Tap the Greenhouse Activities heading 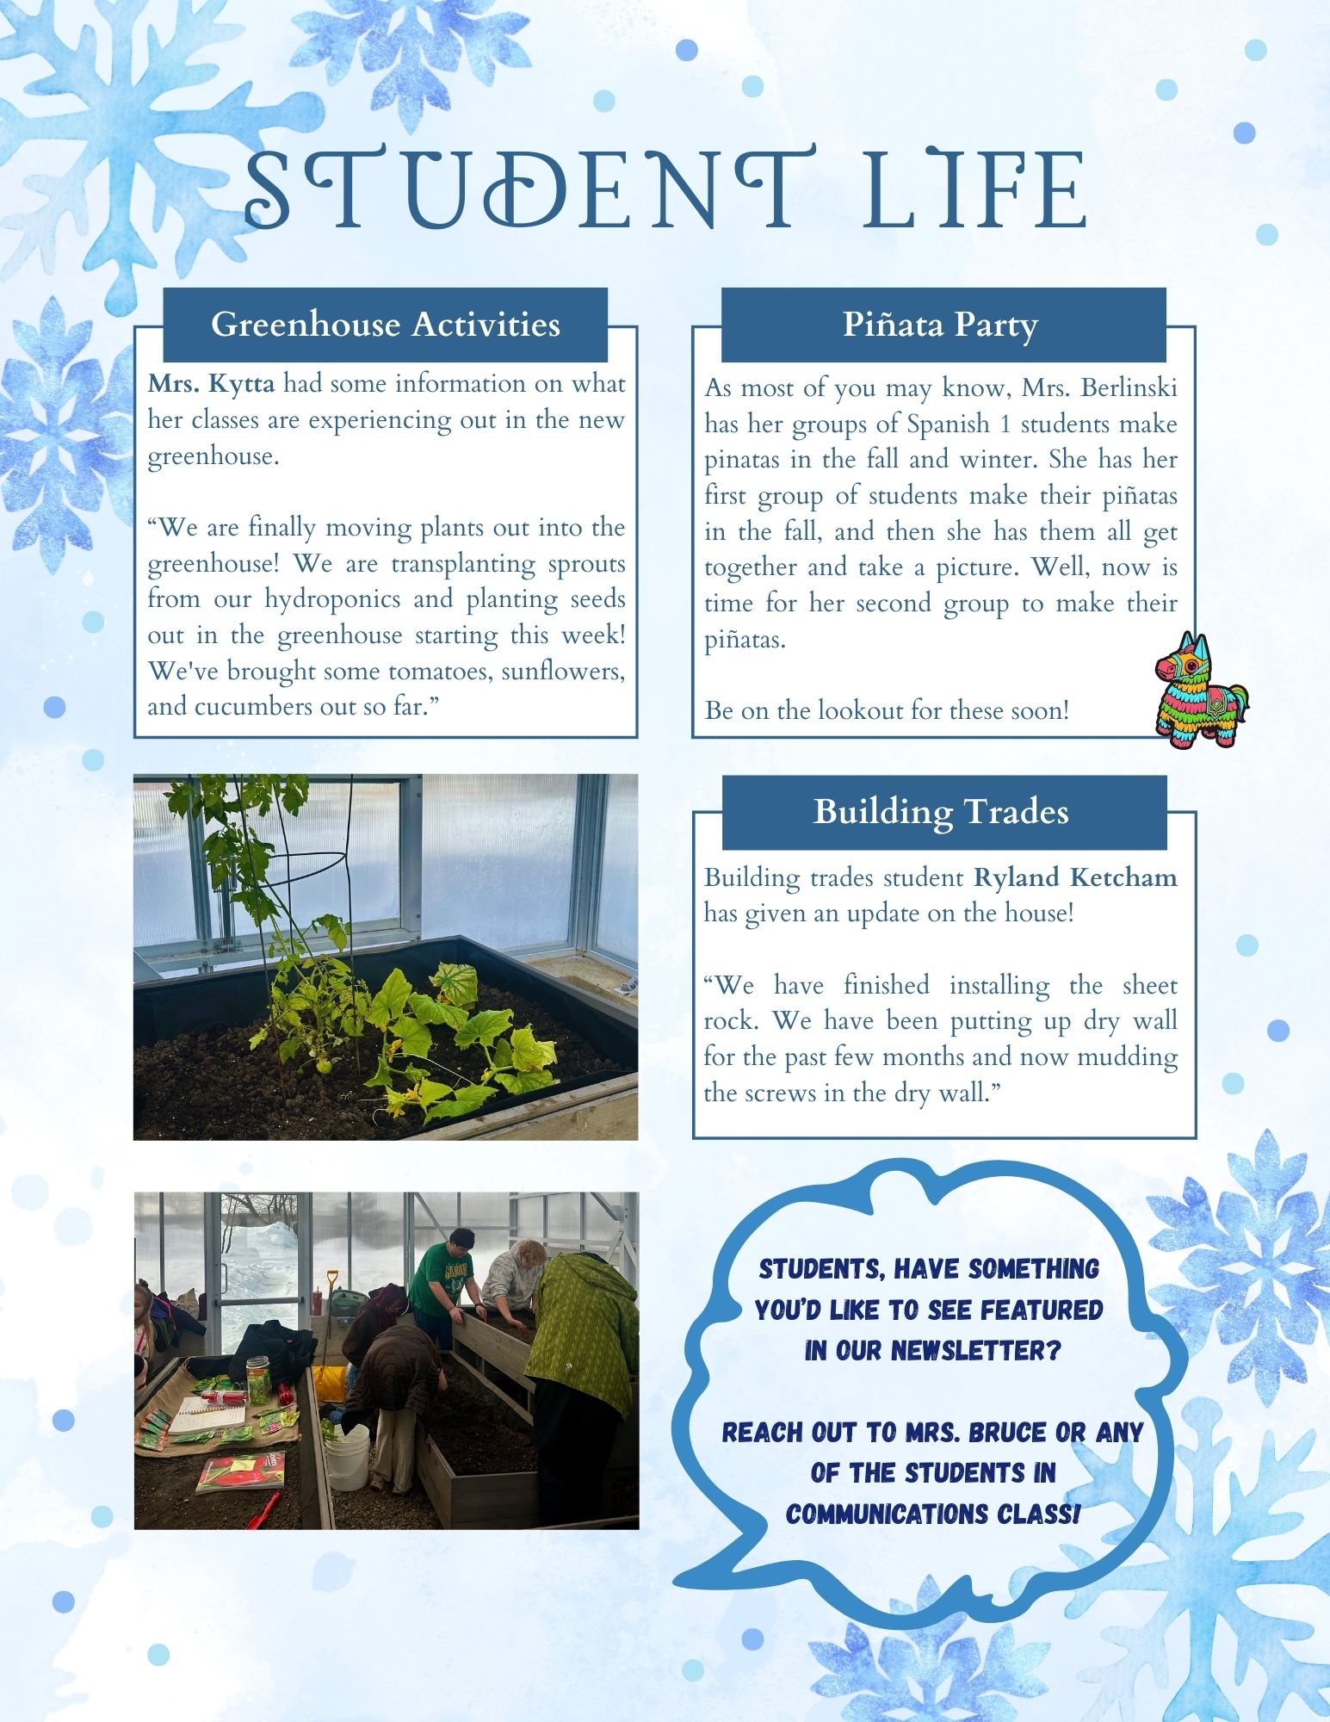pyautogui.click(x=385, y=325)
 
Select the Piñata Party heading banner pyautogui.click(x=941, y=325)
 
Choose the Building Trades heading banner pyautogui.click(x=941, y=812)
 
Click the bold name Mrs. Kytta pyautogui.click(x=212, y=384)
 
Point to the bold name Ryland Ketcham pyautogui.click(x=1075, y=877)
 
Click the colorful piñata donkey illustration pyautogui.click(x=1201, y=690)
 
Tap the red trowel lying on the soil pyautogui.click(x=264, y=1508)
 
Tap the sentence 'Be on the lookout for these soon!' pyautogui.click(x=887, y=711)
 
